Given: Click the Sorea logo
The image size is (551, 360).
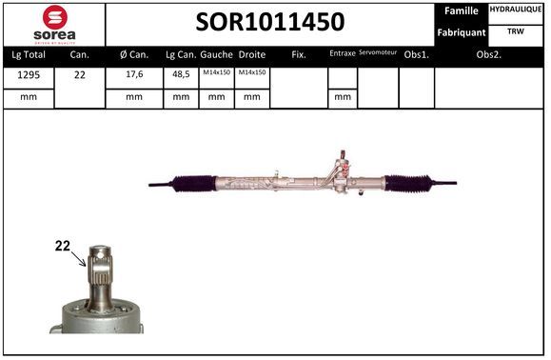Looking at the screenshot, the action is (x=54, y=25).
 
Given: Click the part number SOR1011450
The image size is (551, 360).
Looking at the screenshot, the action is (x=270, y=22).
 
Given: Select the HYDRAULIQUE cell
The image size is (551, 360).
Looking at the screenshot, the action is (x=516, y=10).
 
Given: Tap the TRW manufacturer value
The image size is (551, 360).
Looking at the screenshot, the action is (x=516, y=31).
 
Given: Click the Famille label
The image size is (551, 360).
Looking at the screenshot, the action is (x=461, y=10).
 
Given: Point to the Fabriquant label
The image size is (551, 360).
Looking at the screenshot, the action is (x=461, y=32).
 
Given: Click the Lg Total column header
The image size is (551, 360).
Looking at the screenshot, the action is (x=29, y=55).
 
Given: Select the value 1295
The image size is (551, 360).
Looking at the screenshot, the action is (x=29, y=75).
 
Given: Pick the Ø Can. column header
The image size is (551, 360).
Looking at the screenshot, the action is (x=134, y=54).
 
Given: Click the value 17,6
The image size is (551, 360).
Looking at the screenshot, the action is (x=134, y=74).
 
